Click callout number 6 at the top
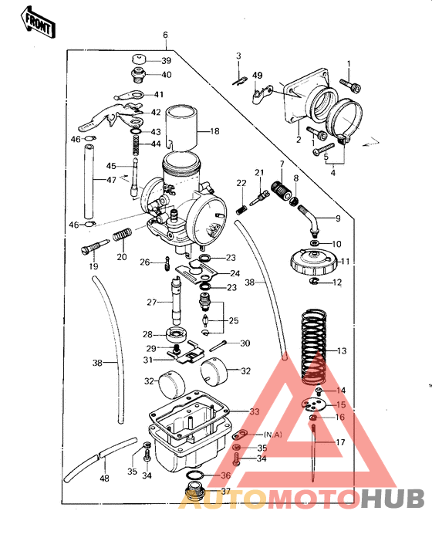pos(164,36)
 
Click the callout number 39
pos(167,61)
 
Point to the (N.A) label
pos(272,435)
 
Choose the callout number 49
pos(258,75)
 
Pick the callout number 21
pos(259,171)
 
